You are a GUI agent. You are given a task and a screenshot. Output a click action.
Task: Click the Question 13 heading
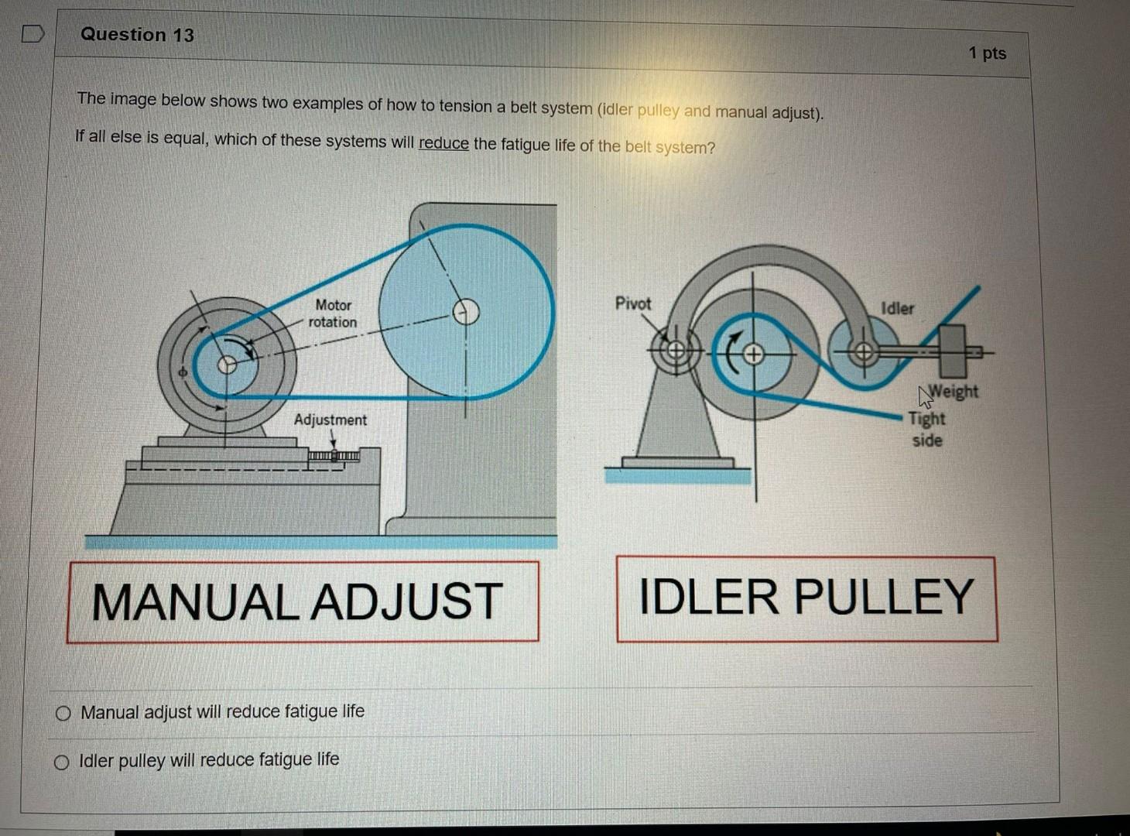tap(137, 35)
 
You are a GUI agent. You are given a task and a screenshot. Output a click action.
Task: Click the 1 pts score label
tap(987, 53)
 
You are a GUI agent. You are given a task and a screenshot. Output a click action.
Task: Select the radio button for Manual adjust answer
tap(63, 714)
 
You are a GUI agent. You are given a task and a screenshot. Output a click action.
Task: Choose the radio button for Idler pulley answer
tap(62, 763)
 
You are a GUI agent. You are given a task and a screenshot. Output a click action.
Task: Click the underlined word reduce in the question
tap(443, 144)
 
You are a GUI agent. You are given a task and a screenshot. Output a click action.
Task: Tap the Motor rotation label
tap(333, 313)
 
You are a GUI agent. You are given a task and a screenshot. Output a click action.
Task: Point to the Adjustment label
tap(330, 420)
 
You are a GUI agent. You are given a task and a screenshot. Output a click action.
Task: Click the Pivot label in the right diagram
tap(633, 303)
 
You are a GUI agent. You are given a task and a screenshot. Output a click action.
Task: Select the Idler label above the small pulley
tap(897, 308)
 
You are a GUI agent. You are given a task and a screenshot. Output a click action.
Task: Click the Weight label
tap(953, 392)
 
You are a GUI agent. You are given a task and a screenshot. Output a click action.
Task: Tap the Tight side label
tap(926, 429)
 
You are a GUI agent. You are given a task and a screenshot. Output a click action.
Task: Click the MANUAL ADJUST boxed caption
tap(303, 601)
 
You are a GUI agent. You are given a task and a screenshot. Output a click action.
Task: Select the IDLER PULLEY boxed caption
tap(806, 598)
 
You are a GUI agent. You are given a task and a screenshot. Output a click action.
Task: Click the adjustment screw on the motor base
tap(334, 456)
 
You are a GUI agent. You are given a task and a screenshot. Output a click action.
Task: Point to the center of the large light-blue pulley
tap(466, 313)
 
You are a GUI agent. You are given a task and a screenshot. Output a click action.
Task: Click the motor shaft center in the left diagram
tap(227, 364)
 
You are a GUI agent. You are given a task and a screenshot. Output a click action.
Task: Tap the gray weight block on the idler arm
tap(952, 351)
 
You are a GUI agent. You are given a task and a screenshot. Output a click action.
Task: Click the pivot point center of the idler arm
tap(676, 351)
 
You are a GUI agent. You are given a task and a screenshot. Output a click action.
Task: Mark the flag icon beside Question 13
tap(33, 34)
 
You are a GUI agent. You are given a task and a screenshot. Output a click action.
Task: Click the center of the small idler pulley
tap(865, 352)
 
